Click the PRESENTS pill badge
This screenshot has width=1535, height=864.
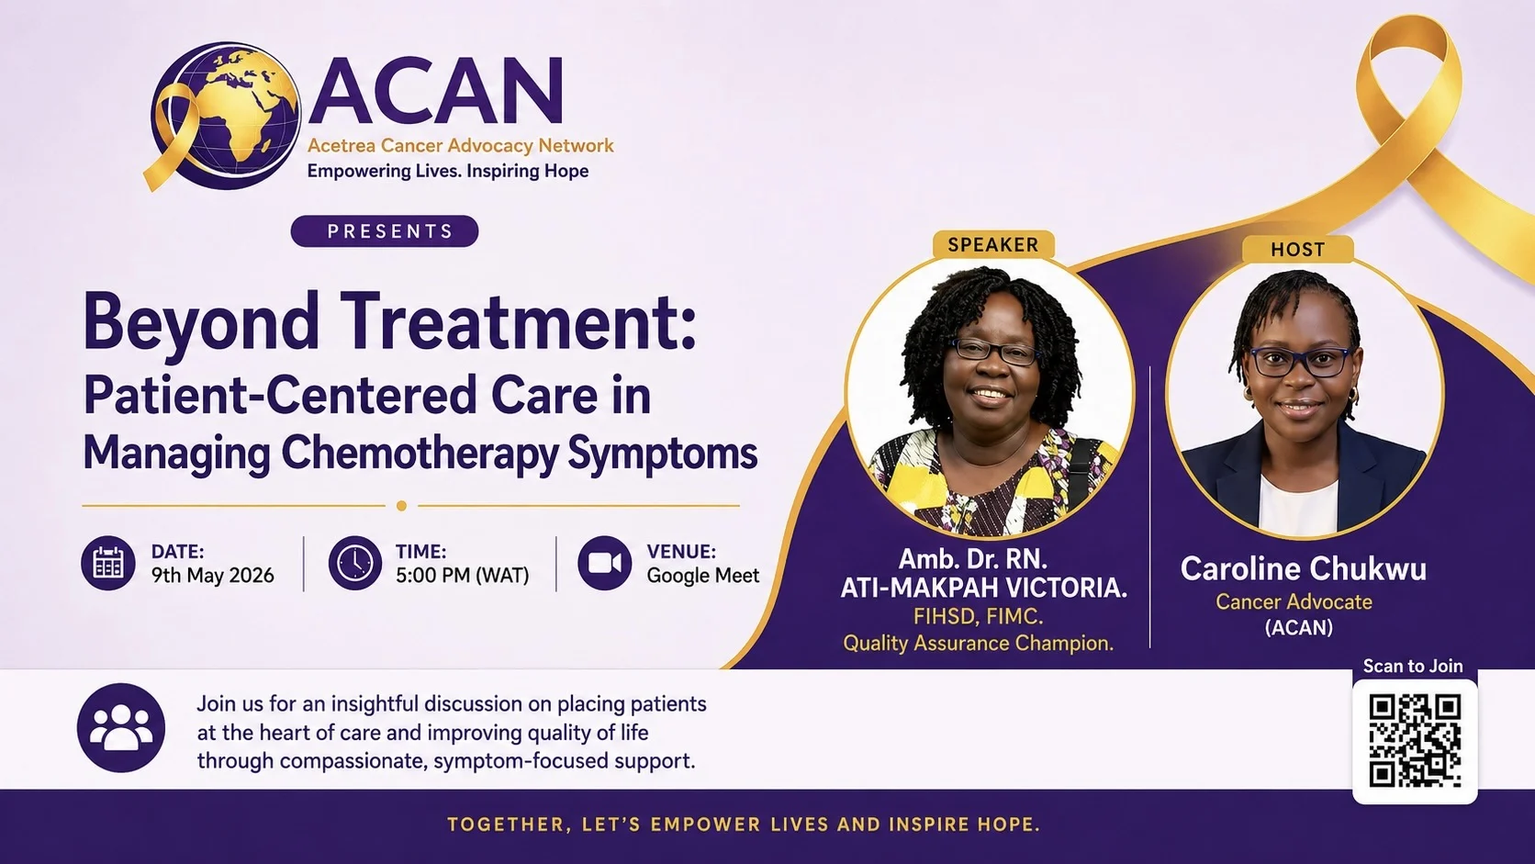(385, 230)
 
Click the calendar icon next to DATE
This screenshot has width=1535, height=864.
(108, 563)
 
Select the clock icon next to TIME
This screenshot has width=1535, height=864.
(355, 563)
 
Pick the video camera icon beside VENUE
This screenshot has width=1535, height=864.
(604, 563)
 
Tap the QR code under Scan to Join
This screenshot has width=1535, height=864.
(1415, 741)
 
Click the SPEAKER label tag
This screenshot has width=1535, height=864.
(993, 244)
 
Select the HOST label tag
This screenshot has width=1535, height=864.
(1298, 250)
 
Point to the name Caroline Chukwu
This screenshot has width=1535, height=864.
(1304, 568)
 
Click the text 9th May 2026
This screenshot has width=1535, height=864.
(212, 576)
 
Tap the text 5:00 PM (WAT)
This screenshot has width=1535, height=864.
(463, 576)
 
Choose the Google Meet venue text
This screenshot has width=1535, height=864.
(703, 576)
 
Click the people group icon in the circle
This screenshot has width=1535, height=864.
(121, 727)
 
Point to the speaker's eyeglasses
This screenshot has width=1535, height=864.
(996, 352)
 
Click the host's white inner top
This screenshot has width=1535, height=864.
(1298, 507)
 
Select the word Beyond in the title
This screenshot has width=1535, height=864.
(201, 323)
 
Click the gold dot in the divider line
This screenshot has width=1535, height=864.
(401, 506)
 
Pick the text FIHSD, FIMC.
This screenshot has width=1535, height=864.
(979, 617)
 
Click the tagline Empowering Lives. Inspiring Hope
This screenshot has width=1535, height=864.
(447, 172)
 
